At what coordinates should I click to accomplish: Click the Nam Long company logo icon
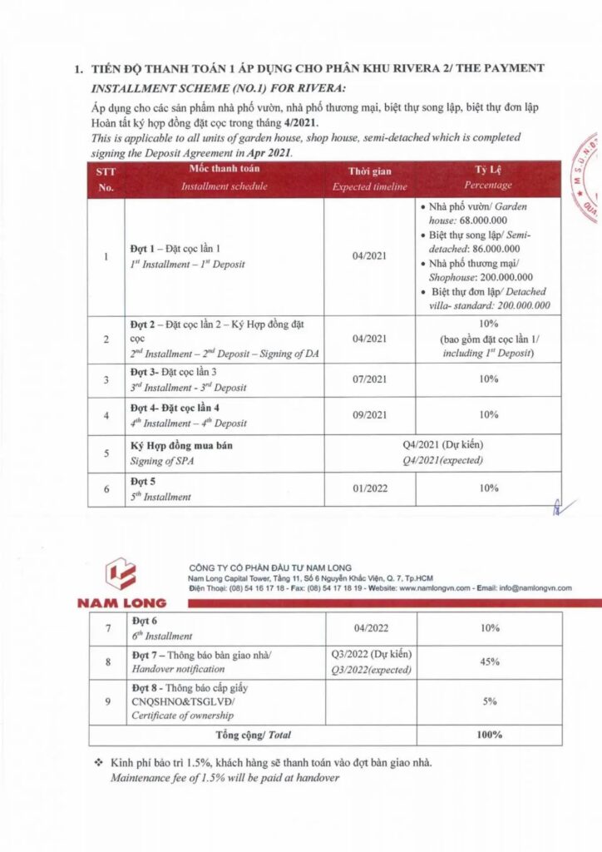[x=121, y=575]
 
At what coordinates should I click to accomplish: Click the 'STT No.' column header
[x=106, y=179]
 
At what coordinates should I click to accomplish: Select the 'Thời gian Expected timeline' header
[x=370, y=179]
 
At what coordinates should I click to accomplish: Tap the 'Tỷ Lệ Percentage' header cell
[x=488, y=179]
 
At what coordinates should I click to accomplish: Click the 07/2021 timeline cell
[x=370, y=379]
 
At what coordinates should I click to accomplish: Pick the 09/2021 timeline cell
[x=370, y=414]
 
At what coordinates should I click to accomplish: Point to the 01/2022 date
[x=370, y=488]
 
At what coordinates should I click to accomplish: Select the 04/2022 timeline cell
[x=371, y=628]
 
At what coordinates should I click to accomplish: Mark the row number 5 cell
[x=106, y=453]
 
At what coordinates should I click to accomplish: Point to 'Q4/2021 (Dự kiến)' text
[x=442, y=446]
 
